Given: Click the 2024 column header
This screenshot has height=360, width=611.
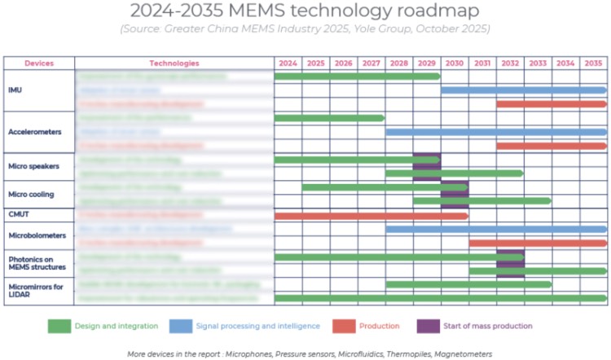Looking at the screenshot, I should [x=288, y=63].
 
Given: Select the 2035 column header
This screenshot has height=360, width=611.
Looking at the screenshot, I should [x=593, y=63].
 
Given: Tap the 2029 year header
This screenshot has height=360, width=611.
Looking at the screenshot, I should [x=427, y=63].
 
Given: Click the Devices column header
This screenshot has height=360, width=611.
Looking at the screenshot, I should [x=39, y=63].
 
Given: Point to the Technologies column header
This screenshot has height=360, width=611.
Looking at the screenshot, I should [x=174, y=63].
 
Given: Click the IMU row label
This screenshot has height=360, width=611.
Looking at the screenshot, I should [x=15, y=90].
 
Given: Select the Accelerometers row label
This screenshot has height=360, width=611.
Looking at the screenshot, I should [x=35, y=131].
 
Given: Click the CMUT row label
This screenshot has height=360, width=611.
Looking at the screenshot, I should [x=19, y=215].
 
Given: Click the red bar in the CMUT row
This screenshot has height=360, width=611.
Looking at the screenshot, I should [x=371, y=216].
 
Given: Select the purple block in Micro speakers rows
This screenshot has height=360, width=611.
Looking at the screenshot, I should [x=427, y=166].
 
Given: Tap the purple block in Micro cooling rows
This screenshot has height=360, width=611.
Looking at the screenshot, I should [x=455, y=194].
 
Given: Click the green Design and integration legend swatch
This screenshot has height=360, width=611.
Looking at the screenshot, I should [x=59, y=326].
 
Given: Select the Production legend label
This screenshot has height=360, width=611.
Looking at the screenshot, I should [x=380, y=326].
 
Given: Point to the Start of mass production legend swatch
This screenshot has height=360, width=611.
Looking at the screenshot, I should [x=428, y=326].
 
